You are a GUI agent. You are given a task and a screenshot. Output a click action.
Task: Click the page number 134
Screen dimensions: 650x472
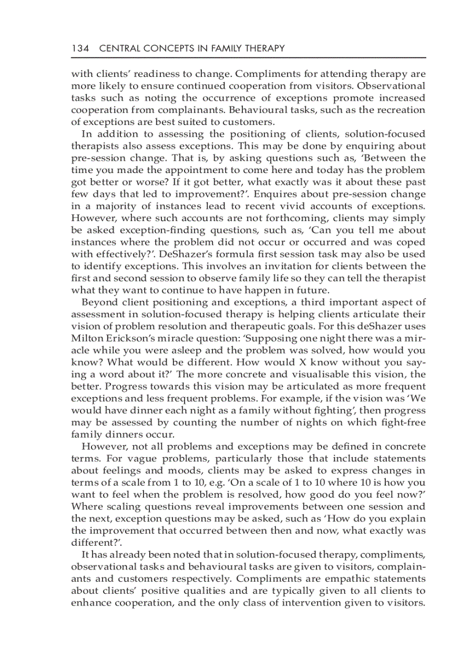click(80, 49)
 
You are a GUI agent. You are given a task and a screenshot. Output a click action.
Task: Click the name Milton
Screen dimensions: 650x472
click(86, 339)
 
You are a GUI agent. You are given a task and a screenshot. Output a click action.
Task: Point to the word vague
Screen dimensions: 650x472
click(119, 459)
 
